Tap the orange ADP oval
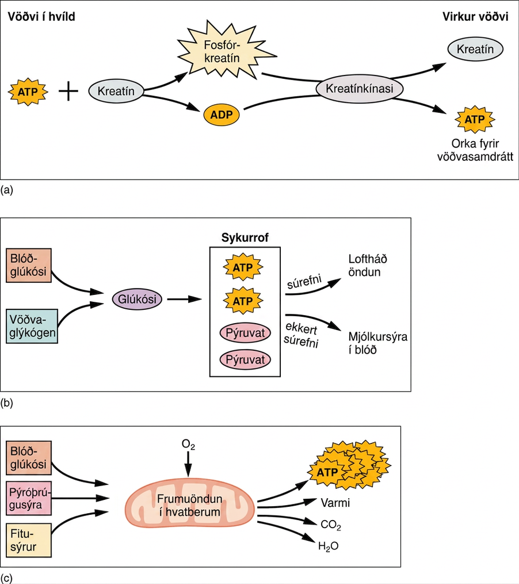tap(222, 115)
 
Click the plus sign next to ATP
tap(68, 91)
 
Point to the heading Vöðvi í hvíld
tap(41, 17)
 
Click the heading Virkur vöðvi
tap(475, 17)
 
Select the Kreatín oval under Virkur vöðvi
tap(475, 49)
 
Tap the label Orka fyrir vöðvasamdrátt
tap(475, 150)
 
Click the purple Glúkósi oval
tap(137, 299)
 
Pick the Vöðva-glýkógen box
tap(32, 326)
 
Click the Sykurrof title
tap(245, 238)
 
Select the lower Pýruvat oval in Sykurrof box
tap(245, 360)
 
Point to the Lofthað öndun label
tap(368, 266)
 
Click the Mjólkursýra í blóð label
tap(377, 343)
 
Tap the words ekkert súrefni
tap(302, 335)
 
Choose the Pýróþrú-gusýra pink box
tap(29, 498)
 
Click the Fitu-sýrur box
tap(29, 540)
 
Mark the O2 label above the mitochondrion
tap(188, 445)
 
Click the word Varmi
tap(335, 503)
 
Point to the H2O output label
tap(328, 547)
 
